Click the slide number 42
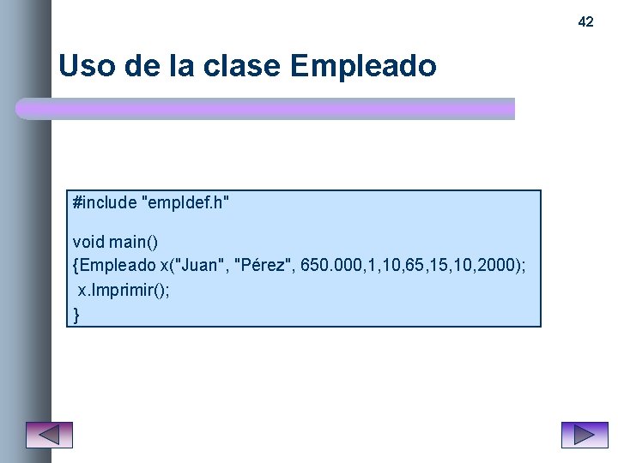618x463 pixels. pyautogui.click(x=585, y=21)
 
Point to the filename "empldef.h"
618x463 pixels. pyautogui.click(x=189, y=203)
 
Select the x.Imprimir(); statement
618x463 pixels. pyautogui.click(x=124, y=290)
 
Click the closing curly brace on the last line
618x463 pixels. pyautogui.click(x=76, y=315)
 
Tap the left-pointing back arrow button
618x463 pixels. pyautogui.click(x=49, y=435)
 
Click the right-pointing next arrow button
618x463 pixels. pyautogui.click(x=584, y=435)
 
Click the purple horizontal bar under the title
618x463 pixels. pyautogui.click(x=266, y=109)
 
